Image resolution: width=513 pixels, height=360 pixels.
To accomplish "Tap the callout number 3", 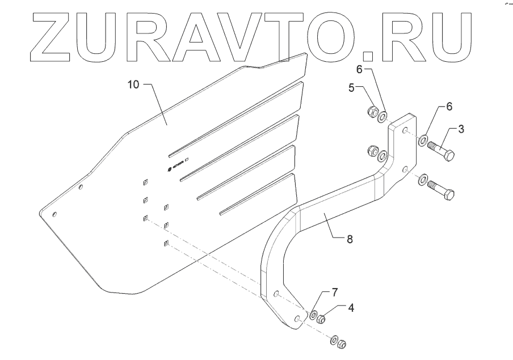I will coord(461,129).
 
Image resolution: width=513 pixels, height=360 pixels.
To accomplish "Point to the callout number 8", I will coord(350,239).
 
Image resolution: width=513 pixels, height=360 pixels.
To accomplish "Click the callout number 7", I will coord(335,292).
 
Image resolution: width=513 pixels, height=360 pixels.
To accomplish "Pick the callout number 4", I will coord(352,308).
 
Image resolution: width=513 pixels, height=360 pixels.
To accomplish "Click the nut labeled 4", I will coord(321,318).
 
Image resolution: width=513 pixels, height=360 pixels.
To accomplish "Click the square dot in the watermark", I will coord(368,55).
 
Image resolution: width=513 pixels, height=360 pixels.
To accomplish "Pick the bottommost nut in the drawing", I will coord(342,344).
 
